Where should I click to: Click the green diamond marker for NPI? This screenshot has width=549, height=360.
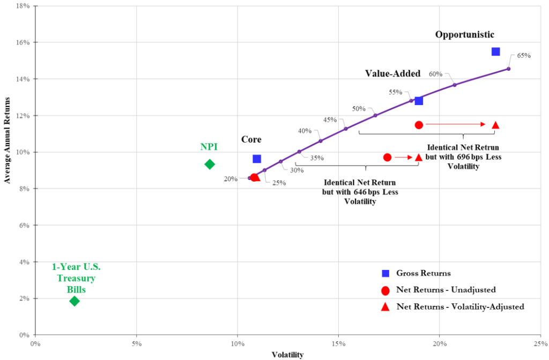[x=210, y=164]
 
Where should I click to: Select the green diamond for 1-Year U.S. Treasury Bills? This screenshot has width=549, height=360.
[x=75, y=301]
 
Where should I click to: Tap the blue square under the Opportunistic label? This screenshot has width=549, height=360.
[x=495, y=51]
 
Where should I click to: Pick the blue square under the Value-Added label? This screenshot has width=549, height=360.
[x=419, y=101]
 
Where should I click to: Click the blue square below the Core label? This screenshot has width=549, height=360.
[x=257, y=159]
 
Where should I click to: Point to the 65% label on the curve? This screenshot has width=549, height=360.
[x=523, y=55]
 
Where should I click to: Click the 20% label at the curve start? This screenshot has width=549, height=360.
[x=231, y=179]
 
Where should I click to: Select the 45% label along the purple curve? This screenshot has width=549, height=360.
[x=330, y=119]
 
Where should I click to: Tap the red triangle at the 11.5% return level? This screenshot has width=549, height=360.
[x=495, y=125]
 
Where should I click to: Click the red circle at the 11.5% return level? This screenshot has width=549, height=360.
[x=419, y=125]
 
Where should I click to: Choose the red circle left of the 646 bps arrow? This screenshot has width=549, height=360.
[x=387, y=157]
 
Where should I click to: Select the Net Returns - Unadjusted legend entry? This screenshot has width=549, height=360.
[x=446, y=290]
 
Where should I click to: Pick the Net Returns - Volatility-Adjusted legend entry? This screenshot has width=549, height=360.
[x=460, y=306]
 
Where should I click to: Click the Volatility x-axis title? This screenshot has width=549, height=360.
[x=287, y=355]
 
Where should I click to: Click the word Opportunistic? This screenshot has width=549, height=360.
[x=464, y=34]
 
